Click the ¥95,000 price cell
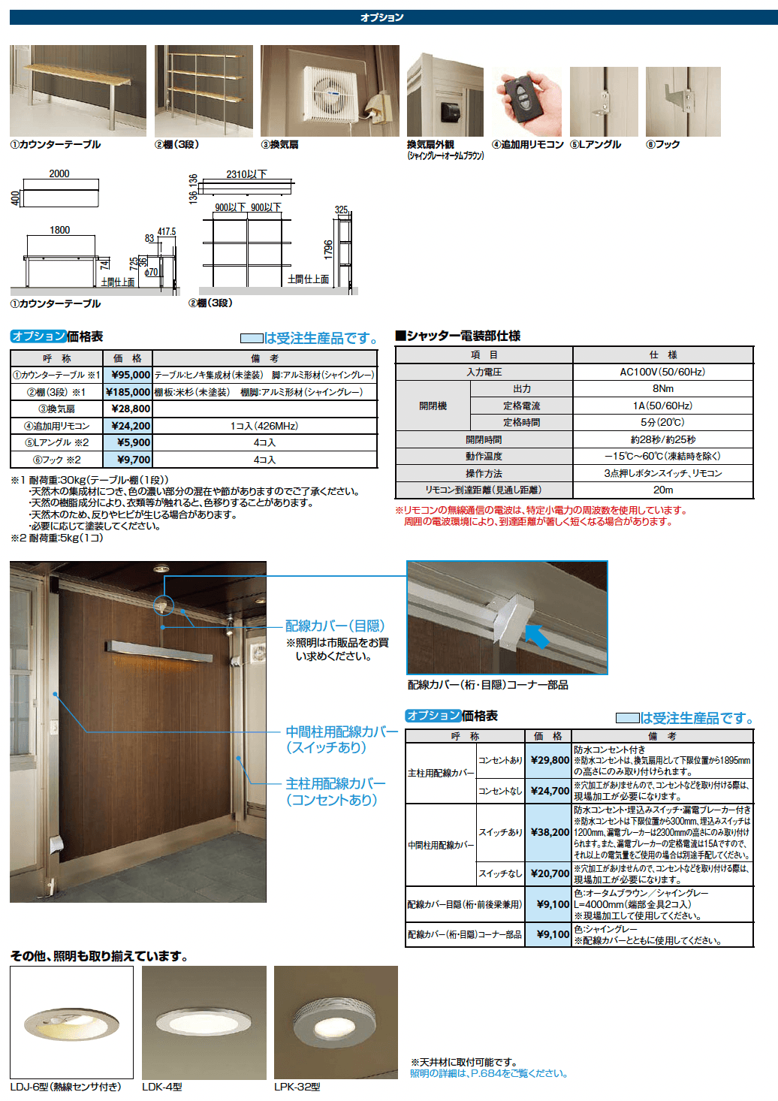130,375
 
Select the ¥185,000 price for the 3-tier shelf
128,392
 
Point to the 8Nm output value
662,388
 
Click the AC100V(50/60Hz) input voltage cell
662,372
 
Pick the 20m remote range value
662,490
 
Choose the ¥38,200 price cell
549,832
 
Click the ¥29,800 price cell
549,760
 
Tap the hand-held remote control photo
526,101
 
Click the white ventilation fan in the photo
329,92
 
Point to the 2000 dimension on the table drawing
59,173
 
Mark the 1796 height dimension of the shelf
328,249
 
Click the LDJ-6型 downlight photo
71,1022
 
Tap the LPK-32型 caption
297,1087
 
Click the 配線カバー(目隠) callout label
335,626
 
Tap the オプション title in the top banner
382,17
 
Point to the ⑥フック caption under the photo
662,144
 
